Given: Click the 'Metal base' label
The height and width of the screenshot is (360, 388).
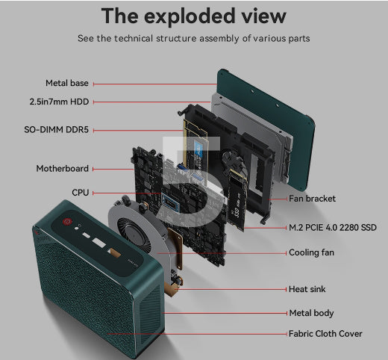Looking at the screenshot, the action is (67, 83).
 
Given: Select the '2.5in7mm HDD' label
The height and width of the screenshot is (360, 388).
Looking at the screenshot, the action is (59, 102).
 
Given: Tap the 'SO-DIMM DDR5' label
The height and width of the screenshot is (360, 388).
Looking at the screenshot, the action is (56, 130).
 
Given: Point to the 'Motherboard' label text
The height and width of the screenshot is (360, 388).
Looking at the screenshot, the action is (63, 169).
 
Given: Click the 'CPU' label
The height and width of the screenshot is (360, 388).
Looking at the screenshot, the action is (81, 193).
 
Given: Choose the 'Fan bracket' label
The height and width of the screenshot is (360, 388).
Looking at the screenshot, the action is (312, 199).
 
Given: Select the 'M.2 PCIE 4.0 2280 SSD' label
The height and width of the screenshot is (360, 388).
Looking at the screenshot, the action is (333, 228).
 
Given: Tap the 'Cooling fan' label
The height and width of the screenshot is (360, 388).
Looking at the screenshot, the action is (311, 252).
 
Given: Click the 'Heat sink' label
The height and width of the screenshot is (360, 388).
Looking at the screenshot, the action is (307, 289).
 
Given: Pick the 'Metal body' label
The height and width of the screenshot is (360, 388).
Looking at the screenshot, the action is (311, 313).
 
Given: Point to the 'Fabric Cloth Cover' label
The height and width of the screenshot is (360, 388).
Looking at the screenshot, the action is (325, 334).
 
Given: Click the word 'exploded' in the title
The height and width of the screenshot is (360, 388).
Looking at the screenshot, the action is (189, 16).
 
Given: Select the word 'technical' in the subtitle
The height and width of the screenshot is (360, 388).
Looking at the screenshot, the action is (134, 39).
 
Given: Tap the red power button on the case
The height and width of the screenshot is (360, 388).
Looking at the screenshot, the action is (67, 221).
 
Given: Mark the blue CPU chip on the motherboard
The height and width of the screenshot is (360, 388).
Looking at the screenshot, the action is (171, 203).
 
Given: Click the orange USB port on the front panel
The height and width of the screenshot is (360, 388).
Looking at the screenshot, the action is (114, 253).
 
